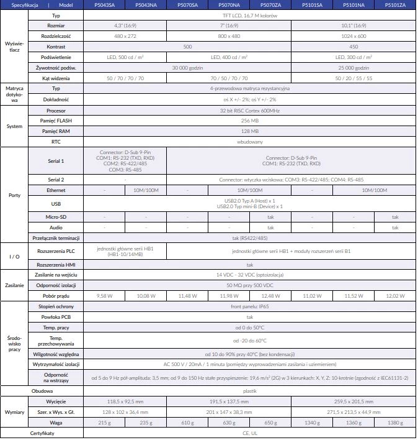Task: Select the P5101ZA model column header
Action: (x=395, y=5)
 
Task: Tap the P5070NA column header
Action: (x=229, y=5)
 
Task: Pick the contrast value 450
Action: (x=354, y=47)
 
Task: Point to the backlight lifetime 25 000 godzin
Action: (x=354, y=68)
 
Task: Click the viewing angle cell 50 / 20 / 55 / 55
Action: (x=354, y=78)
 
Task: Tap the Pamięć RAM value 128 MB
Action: (x=249, y=131)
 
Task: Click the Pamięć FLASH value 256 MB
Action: (x=249, y=121)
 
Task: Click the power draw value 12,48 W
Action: (x=270, y=296)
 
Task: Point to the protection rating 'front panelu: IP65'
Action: (x=249, y=307)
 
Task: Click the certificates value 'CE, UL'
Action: (x=249, y=433)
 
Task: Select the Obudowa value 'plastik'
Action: (x=249, y=391)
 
